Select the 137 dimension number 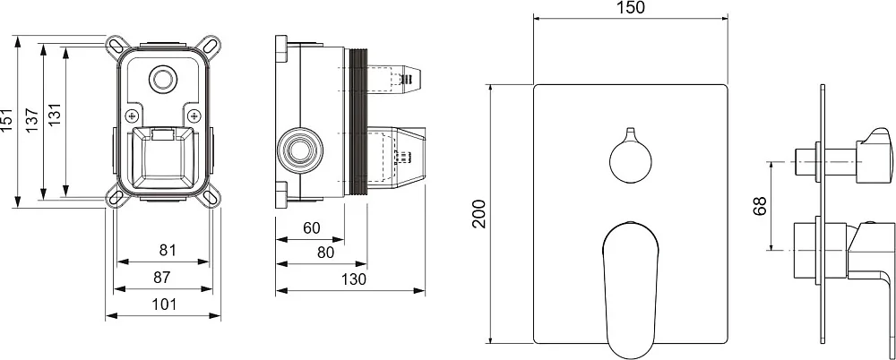tap(31, 120)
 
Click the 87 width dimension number tap(162, 278)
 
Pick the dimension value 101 tap(165, 304)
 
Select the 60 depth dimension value tap(312, 228)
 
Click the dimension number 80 tap(325, 253)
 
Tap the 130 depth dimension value tap(353, 280)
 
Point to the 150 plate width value tap(631, 7)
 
